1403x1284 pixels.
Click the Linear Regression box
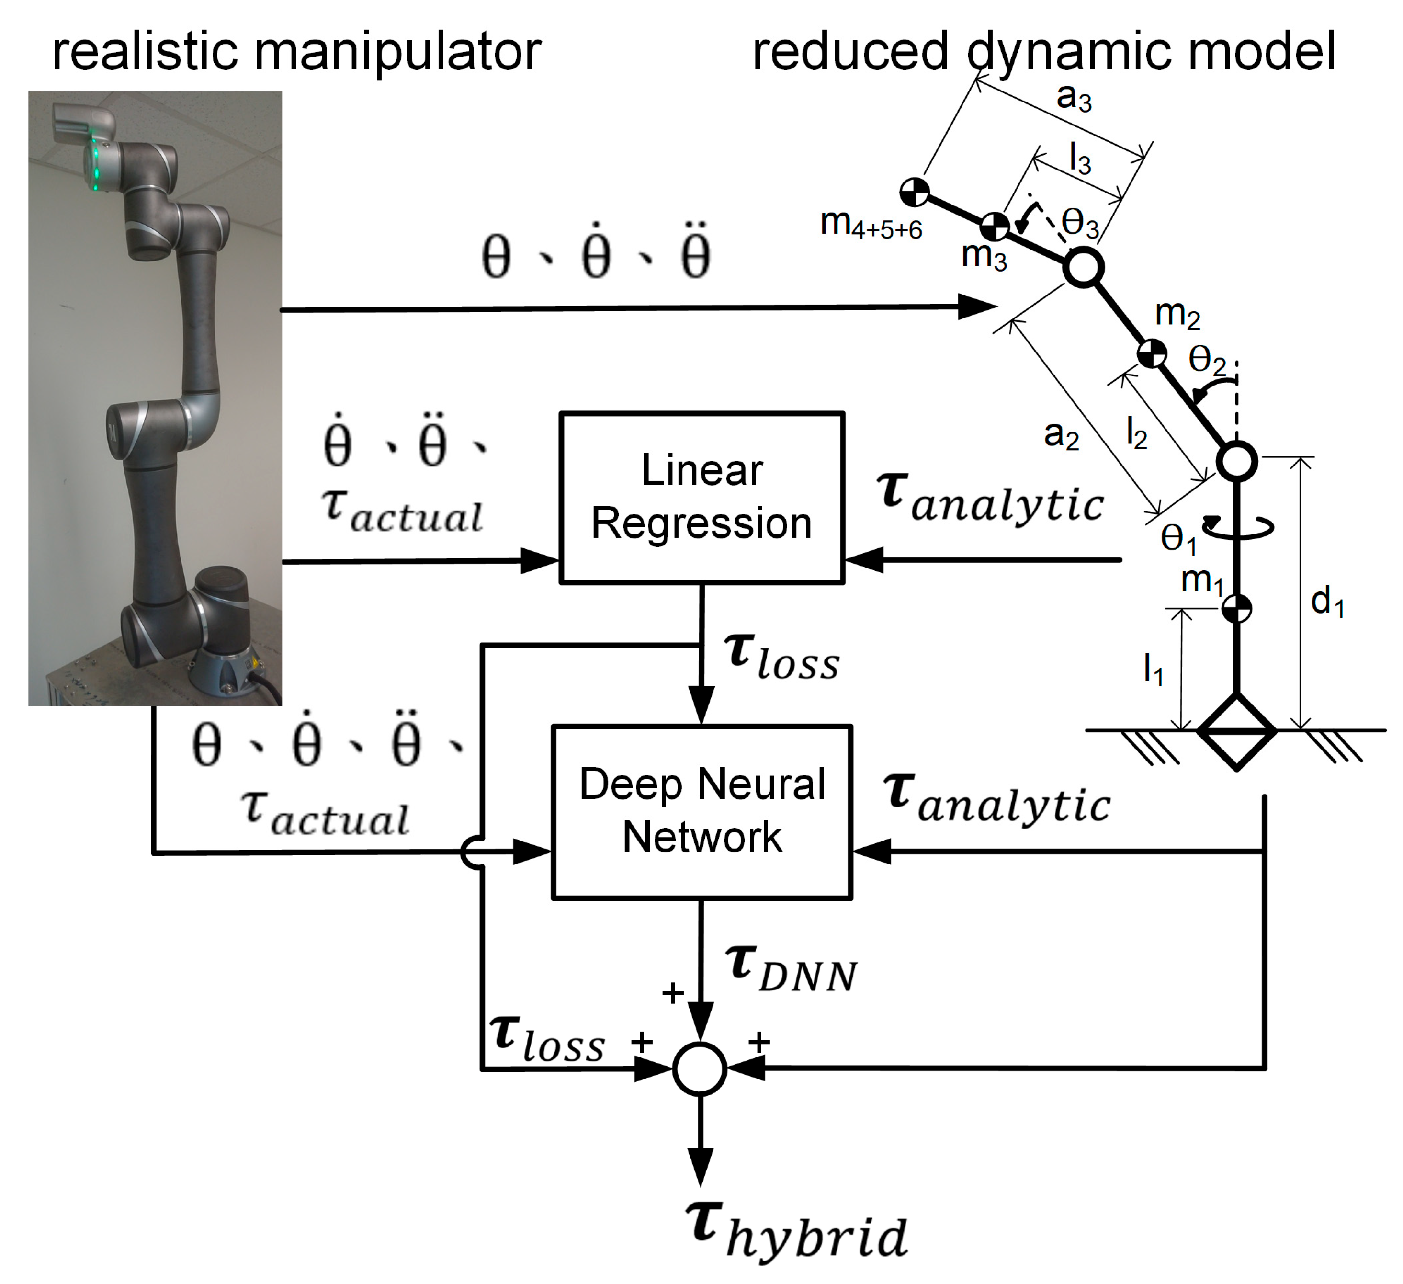(x=701, y=497)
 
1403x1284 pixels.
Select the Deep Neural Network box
(x=701, y=811)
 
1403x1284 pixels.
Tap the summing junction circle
(x=700, y=1069)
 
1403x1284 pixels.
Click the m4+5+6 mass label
(x=871, y=224)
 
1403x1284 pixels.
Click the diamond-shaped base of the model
(x=1237, y=731)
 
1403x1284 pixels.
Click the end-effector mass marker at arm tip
(x=915, y=192)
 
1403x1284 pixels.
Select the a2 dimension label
(x=1061, y=435)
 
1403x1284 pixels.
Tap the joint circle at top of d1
(x=1237, y=461)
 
